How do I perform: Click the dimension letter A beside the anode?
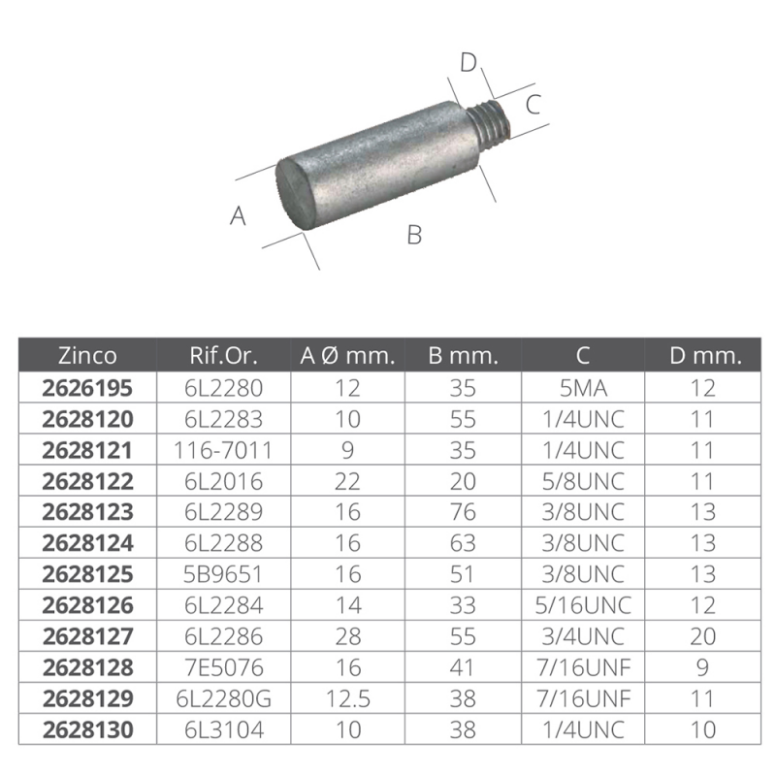coord(239,216)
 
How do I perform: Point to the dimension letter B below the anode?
coord(414,235)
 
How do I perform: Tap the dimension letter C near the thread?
coord(533,105)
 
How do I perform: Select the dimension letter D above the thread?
coord(469,63)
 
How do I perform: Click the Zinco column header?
coord(87,356)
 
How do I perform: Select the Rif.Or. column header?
coord(223,356)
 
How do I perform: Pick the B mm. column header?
coord(463,356)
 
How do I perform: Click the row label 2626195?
coord(87,389)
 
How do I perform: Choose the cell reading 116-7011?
coord(223,451)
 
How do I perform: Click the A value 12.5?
coord(346,699)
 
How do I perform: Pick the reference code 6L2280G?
coord(223,699)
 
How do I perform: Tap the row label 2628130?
coord(87,730)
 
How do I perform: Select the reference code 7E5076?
coord(223,668)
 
